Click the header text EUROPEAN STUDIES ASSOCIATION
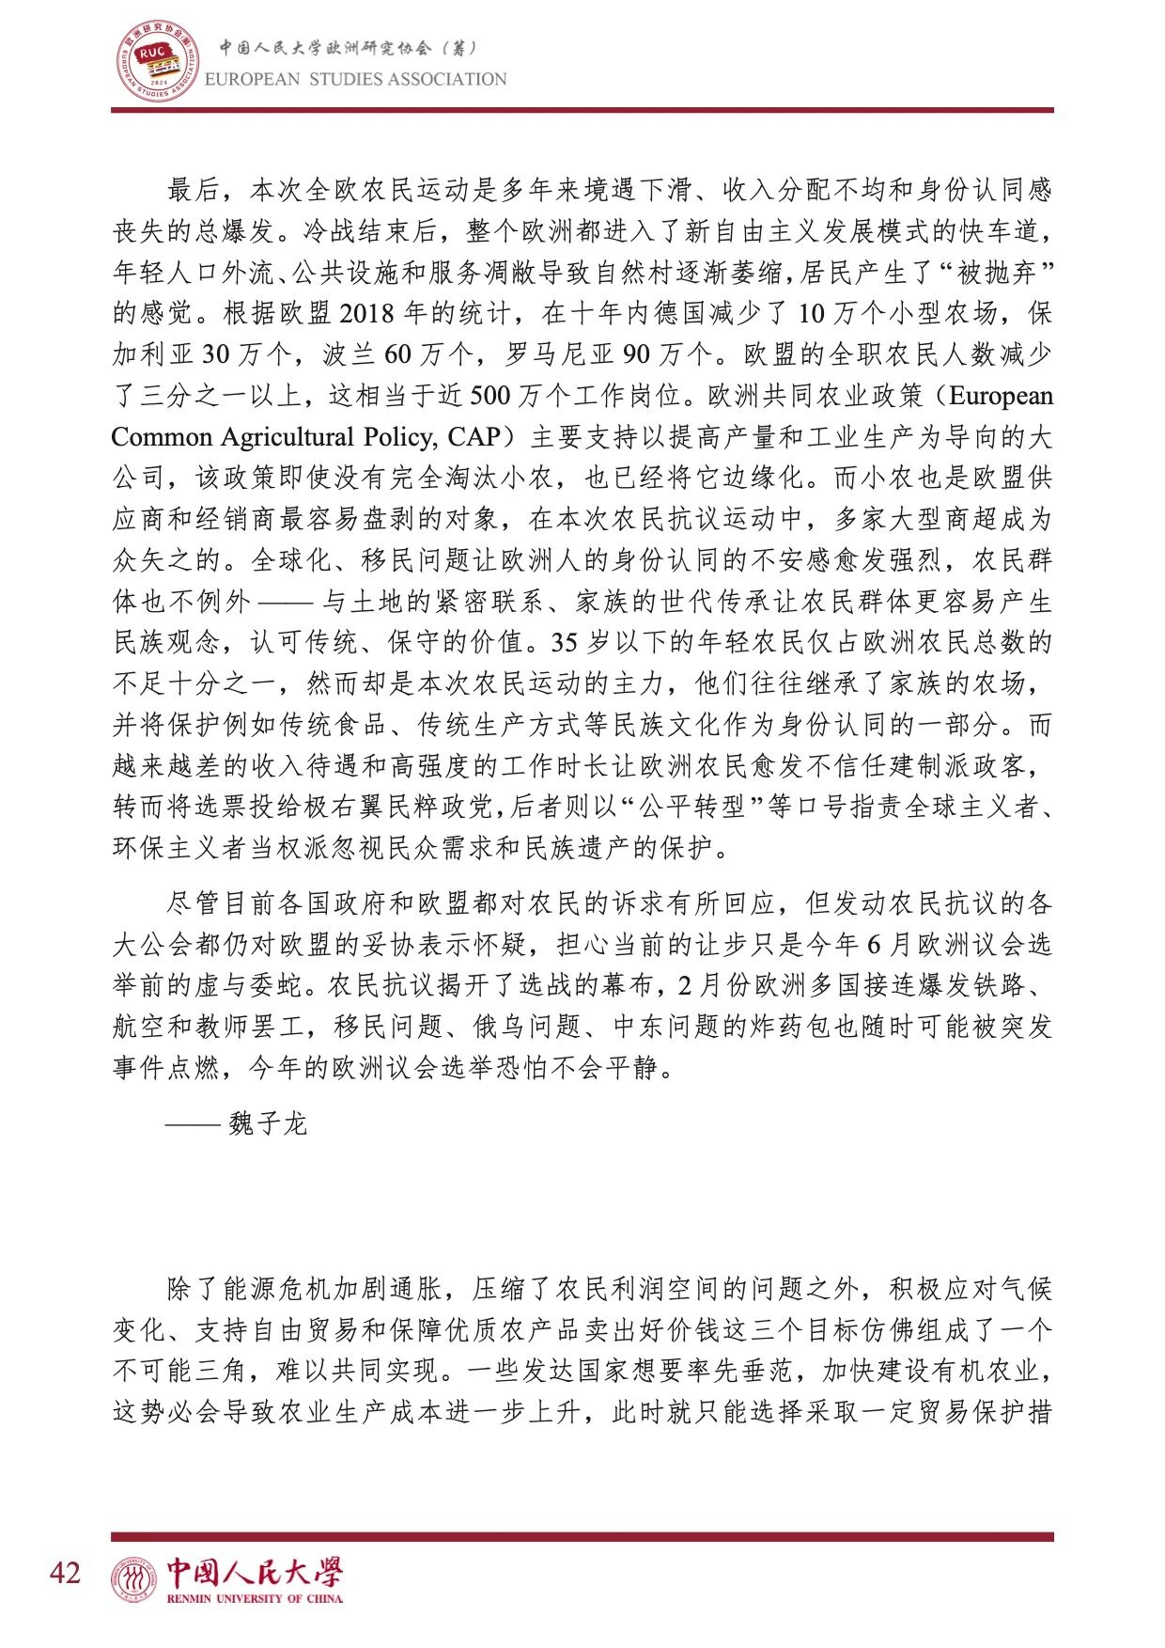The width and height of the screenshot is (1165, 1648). (356, 80)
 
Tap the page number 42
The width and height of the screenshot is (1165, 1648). (66, 1572)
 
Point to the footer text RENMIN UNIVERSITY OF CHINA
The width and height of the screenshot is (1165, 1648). (255, 1598)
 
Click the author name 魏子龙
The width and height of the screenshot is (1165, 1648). (268, 1123)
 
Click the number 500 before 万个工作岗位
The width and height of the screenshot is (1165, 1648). (489, 396)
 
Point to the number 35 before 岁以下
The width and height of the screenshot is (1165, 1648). (564, 643)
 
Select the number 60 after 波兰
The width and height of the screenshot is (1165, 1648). (398, 354)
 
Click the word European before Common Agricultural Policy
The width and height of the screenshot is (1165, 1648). (1002, 396)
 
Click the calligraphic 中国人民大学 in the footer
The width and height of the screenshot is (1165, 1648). (255, 1571)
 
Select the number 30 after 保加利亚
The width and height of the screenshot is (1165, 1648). (215, 354)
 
